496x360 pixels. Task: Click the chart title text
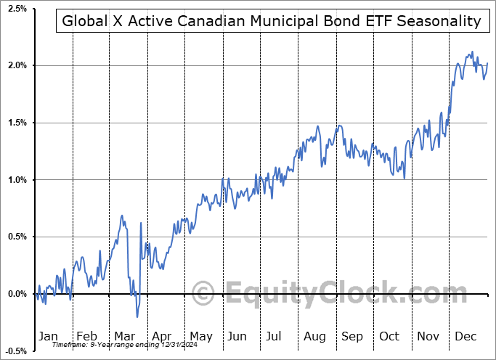point(271,21)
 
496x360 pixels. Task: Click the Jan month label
point(48,336)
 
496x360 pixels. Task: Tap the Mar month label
point(124,336)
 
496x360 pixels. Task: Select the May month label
point(200,336)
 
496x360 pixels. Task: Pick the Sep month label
point(353,336)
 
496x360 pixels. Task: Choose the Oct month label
point(390,336)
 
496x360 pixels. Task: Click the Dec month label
point(466,336)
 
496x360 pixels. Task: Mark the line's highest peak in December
point(472,52)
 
